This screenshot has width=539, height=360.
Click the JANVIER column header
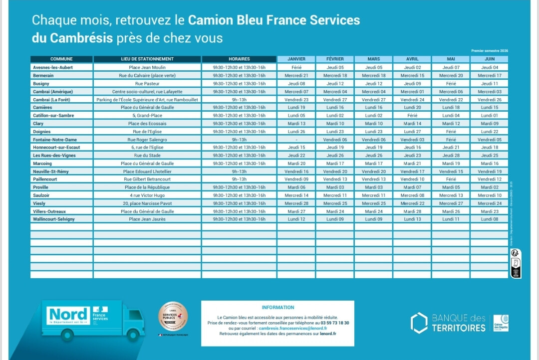(x=296, y=59)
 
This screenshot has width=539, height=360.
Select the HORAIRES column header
(x=239, y=59)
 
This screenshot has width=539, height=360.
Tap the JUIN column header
(x=489, y=59)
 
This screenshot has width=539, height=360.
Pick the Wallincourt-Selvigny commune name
(x=53, y=219)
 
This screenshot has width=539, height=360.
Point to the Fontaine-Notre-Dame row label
(x=55, y=140)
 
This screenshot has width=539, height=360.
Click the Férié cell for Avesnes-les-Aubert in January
(x=296, y=67)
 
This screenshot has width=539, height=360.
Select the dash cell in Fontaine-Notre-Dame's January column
(x=296, y=140)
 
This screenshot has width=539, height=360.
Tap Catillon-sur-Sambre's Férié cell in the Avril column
(x=412, y=115)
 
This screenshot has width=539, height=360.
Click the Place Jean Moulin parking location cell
(x=147, y=67)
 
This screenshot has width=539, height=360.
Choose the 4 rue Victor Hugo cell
(x=147, y=195)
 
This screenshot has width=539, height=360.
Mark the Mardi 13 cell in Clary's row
(x=296, y=123)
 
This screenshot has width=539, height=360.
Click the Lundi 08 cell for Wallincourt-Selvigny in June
(x=489, y=219)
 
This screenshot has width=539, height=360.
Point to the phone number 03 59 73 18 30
(x=335, y=323)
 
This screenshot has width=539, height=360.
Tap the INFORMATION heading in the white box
(x=277, y=308)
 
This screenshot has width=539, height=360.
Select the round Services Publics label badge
(x=173, y=316)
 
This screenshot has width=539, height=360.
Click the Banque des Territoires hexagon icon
(x=419, y=323)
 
